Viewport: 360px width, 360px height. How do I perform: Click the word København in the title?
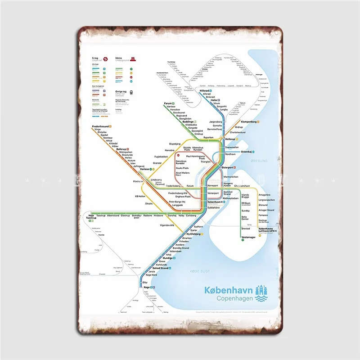pyautogui.click(x=228, y=290)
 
